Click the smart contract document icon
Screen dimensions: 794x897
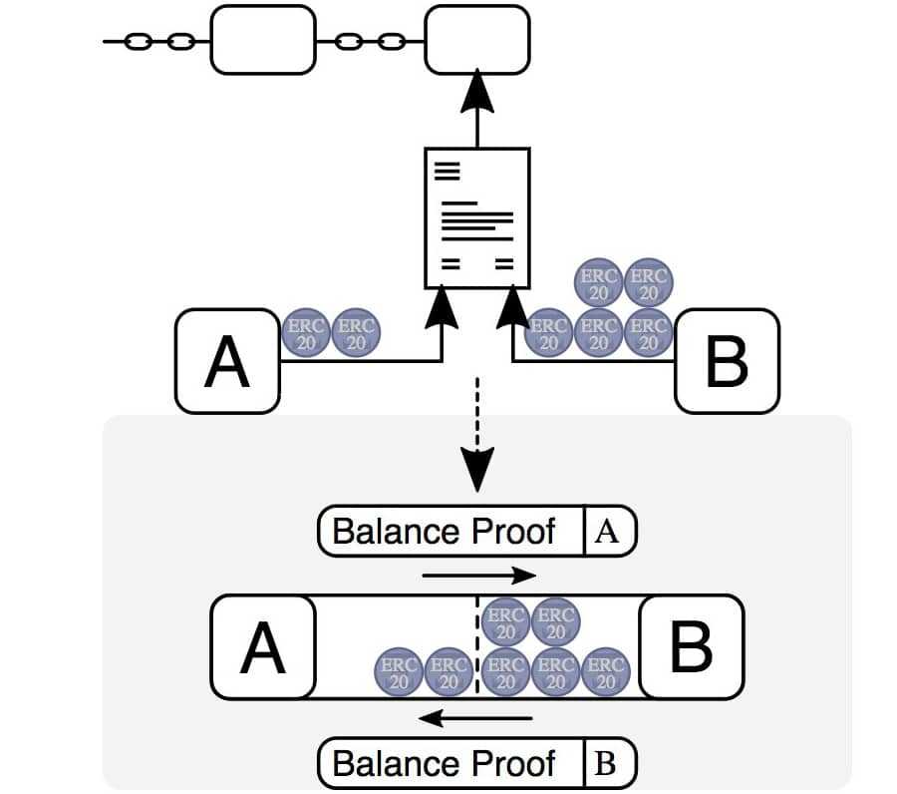click(476, 216)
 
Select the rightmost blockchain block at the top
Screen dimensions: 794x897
click(477, 40)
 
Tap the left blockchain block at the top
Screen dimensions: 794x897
click(263, 40)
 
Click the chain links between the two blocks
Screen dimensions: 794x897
click(370, 41)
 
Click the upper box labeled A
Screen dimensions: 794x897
click(227, 361)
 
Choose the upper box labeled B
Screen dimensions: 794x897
click(727, 361)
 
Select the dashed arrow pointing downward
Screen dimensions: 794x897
click(477, 433)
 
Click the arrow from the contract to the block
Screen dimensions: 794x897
click(477, 110)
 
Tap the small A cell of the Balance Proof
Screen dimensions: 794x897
click(607, 531)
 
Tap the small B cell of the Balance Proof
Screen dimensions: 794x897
click(607, 764)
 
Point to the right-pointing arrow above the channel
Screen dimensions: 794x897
click(479, 576)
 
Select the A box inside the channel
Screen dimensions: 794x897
click(263, 646)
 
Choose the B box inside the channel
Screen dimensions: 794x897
click(692, 646)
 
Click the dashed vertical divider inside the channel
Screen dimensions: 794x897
click(477, 648)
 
